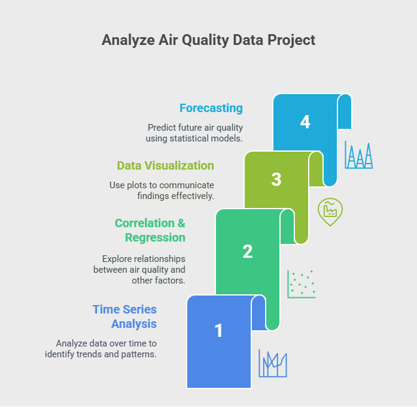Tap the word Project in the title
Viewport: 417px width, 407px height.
click(x=291, y=41)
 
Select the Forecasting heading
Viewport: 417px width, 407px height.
click(x=211, y=108)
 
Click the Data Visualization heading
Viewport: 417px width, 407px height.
click(x=165, y=165)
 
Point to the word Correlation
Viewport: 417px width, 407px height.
click(x=145, y=223)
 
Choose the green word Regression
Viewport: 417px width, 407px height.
click(x=155, y=237)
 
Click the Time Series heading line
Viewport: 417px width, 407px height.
click(x=124, y=309)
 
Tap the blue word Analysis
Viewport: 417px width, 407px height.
click(x=134, y=324)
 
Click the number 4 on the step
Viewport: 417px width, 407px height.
click(x=305, y=122)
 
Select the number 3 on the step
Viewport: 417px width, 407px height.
click(x=276, y=179)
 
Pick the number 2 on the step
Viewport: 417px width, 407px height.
click(x=248, y=251)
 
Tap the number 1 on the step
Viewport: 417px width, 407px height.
click(x=218, y=330)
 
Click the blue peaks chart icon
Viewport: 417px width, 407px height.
click(x=359, y=155)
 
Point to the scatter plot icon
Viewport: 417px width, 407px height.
click(x=302, y=284)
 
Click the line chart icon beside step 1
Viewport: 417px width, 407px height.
click(x=273, y=363)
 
